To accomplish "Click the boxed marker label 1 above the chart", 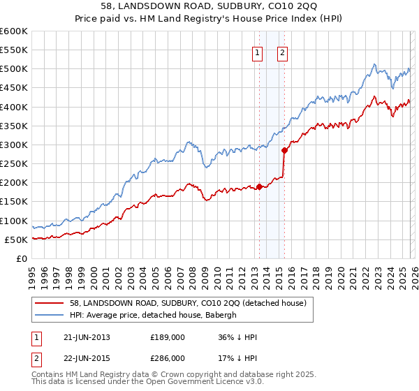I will [x=258, y=52].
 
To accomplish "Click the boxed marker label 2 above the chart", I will [x=283, y=52].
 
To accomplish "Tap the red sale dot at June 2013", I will [x=259, y=186].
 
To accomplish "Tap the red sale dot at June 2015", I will [x=284, y=150].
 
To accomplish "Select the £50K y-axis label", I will [x=16, y=239].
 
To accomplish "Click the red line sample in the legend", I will [x=49, y=303].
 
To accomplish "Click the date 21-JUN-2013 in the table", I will [x=87, y=337].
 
